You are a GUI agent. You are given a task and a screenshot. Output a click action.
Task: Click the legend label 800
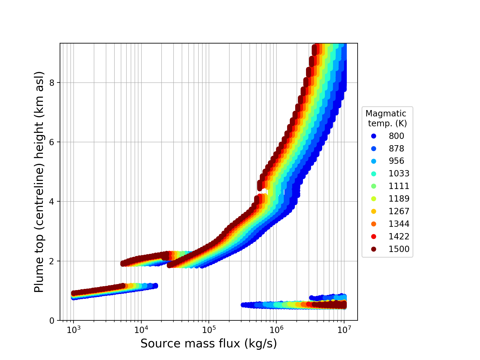pos(396,136)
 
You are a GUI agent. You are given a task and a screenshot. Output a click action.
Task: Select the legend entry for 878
pos(396,148)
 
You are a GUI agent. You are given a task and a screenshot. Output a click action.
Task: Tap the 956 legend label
pos(396,161)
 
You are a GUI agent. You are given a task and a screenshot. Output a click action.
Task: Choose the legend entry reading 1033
pos(399,174)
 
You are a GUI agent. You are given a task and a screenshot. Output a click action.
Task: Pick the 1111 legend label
pos(399,186)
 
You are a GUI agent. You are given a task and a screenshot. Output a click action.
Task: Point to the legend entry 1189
pos(399,199)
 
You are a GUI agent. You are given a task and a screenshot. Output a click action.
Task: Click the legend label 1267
pos(399,211)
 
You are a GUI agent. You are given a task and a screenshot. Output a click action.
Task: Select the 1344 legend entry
pos(399,224)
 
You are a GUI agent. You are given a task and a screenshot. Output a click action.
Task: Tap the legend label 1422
pos(399,237)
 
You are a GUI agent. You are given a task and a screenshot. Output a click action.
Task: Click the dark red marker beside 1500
pos(373,249)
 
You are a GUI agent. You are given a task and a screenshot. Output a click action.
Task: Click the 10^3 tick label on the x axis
pos(73,329)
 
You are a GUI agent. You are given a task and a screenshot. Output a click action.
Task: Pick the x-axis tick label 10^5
pos(208,329)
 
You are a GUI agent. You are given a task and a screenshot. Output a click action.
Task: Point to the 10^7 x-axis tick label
pos(344,329)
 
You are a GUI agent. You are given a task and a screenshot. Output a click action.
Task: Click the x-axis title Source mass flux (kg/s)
pos(208,344)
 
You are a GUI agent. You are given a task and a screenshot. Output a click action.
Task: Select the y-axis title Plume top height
pos(39,182)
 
